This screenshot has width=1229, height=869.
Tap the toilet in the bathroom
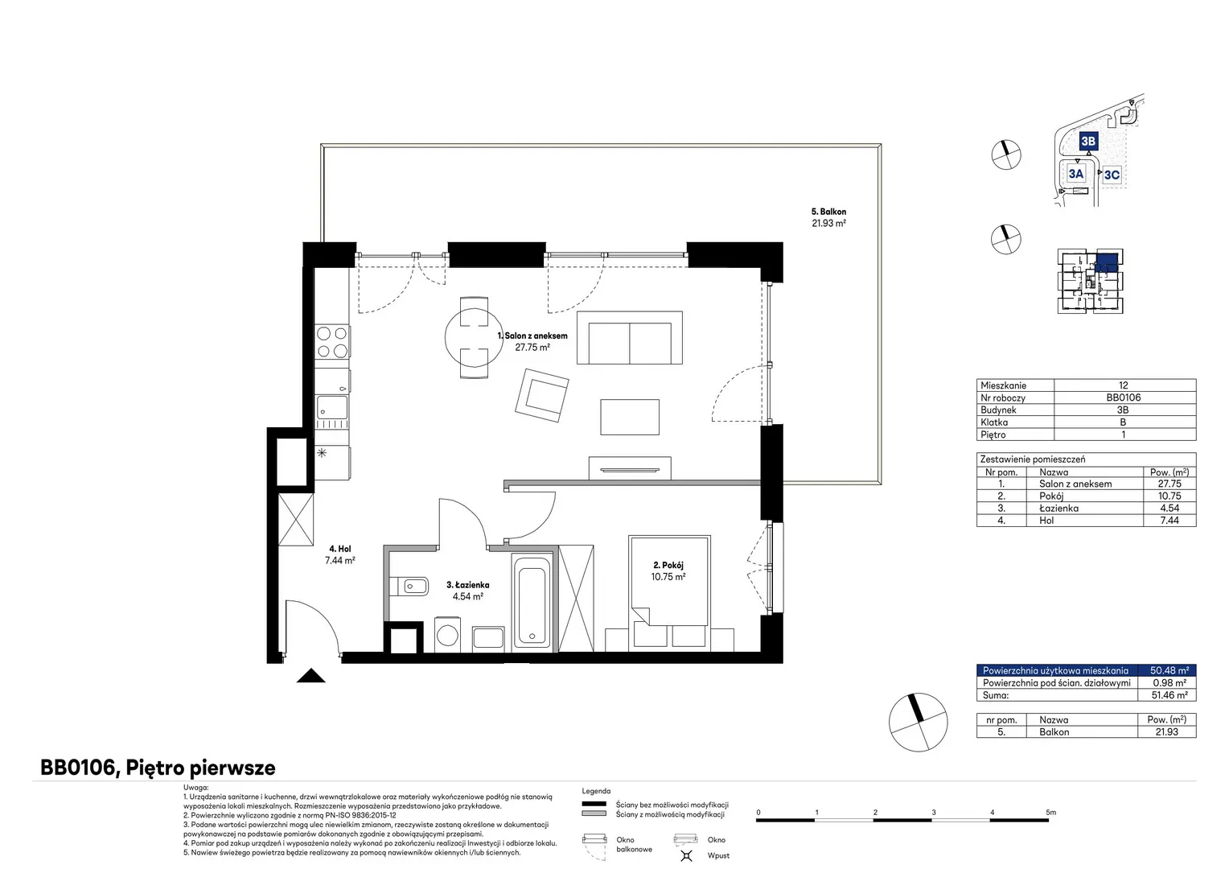pyautogui.click(x=409, y=587)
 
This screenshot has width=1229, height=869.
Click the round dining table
pyautogui.click(x=474, y=338)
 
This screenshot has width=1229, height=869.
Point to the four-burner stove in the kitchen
pyautogui.click(x=332, y=342)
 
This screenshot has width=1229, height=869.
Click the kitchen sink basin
pyautogui.click(x=332, y=407)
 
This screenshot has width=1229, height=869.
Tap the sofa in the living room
pyautogui.click(x=629, y=338)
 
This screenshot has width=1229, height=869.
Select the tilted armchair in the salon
pyautogui.click(x=541, y=395)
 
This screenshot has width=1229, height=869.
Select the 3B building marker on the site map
pyautogui.click(x=1088, y=141)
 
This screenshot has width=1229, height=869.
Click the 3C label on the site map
pyautogui.click(x=1112, y=175)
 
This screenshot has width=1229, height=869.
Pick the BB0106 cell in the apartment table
pyautogui.click(x=1123, y=397)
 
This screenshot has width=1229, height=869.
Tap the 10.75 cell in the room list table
pyautogui.click(x=1169, y=496)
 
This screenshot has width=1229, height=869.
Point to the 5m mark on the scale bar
pyautogui.click(x=1050, y=812)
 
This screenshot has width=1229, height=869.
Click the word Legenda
pyautogui.click(x=596, y=791)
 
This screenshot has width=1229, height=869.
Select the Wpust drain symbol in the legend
pyautogui.click(x=686, y=855)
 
